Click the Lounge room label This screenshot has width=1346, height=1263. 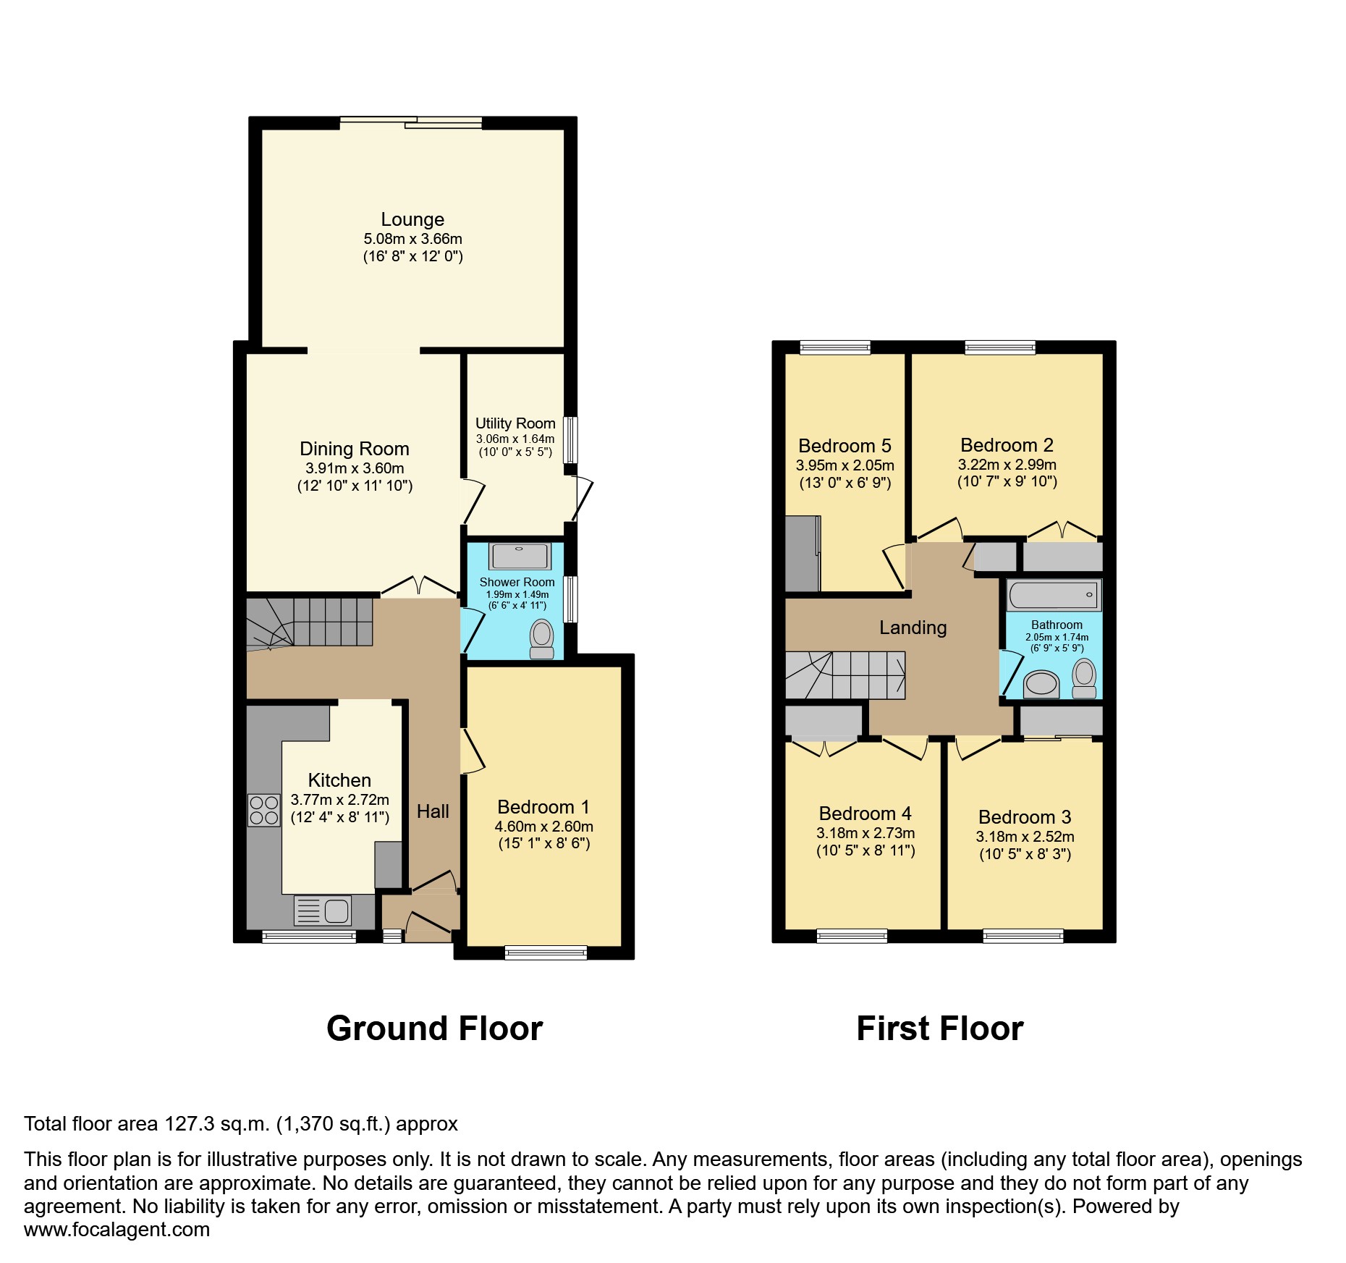pyautogui.click(x=412, y=219)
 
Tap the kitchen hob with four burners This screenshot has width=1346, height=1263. pyautogui.click(x=263, y=811)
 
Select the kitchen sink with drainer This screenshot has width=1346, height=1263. pyautogui.click(x=323, y=911)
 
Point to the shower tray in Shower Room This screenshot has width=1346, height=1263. pyautogui.click(x=520, y=556)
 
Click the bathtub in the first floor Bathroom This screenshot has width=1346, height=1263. pyautogui.click(x=1054, y=595)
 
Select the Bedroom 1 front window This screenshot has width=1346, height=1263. pyautogui.click(x=546, y=952)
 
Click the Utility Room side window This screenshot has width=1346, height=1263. pyautogui.click(x=571, y=439)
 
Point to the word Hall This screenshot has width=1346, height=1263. pyautogui.click(x=433, y=811)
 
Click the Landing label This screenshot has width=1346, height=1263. pyautogui.click(x=913, y=628)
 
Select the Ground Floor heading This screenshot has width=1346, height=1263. pyautogui.click(x=434, y=1028)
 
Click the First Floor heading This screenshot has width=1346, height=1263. pyautogui.click(x=939, y=1028)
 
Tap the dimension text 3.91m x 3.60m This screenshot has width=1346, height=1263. pyautogui.click(x=355, y=468)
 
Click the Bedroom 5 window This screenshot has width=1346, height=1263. pyautogui.click(x=835, y=347)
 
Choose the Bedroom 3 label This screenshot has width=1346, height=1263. pyautogui.click(x=1024, y=817)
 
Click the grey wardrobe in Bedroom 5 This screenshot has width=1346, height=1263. pyautogui.click(x=803, y=554)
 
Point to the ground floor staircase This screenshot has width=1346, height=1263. pyautogui.click(x=311, y=621)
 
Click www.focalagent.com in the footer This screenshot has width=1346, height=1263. pyautogui.click(x=117, y=1230)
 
